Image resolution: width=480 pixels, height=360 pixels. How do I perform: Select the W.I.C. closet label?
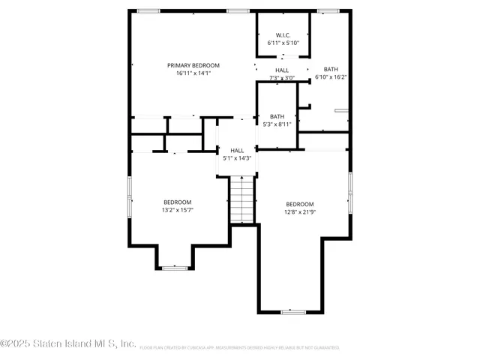pos(283,34)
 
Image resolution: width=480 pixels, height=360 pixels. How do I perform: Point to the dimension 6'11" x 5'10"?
pos(283,43)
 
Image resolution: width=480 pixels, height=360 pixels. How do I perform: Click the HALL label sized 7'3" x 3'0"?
pos(282,70)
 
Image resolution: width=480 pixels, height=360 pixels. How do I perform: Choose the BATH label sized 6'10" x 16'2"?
pos(331,69)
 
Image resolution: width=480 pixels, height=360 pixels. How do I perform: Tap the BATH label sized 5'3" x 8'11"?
pos(277,116)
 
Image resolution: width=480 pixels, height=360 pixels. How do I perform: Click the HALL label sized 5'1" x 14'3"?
pos(237,150)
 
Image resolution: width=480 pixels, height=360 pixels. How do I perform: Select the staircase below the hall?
pos(241,199)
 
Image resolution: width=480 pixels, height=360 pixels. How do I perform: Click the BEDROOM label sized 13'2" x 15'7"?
pos(178,202)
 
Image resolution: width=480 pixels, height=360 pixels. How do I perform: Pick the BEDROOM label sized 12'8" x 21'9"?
pos(299,204)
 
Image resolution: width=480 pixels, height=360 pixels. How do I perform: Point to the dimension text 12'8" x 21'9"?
pos(299,212)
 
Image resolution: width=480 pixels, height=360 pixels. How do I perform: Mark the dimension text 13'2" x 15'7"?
pos(178,210)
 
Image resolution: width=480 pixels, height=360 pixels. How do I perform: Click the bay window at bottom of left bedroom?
pos(175,267)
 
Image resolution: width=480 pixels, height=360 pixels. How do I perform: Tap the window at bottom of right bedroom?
pos(292,311)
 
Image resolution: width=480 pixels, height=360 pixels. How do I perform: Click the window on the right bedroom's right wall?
pos(349,192)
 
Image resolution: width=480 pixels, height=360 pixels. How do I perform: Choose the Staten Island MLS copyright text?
pos(68,344)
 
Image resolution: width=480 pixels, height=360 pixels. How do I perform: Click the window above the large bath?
pos(328,10)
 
